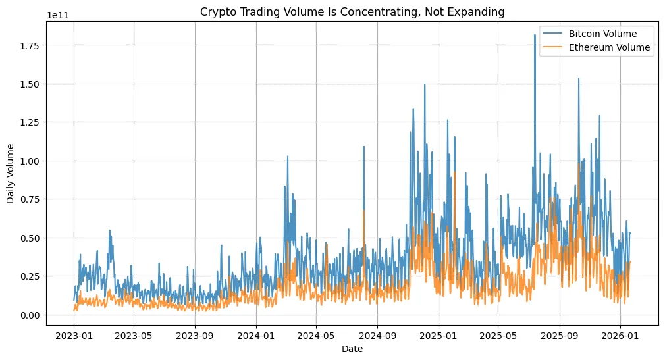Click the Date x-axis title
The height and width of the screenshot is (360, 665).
[x=352, y=349]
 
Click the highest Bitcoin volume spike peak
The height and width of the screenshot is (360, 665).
[x=535, y=36]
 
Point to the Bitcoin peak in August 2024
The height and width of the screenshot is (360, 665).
[x=363, y=147]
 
